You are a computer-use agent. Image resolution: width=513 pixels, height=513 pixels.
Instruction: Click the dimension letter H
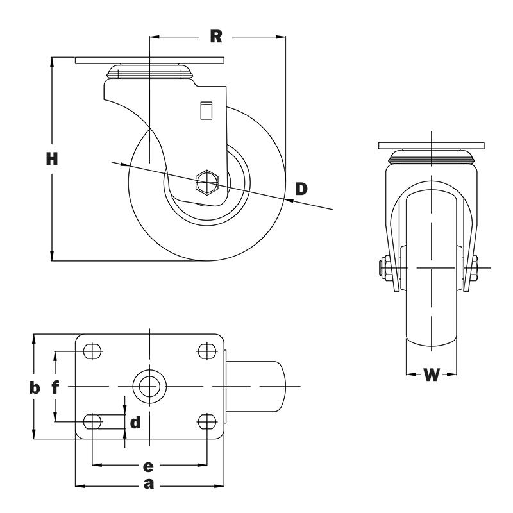coord(52,159)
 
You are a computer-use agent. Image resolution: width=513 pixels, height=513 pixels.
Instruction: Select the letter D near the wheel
coord(301,189)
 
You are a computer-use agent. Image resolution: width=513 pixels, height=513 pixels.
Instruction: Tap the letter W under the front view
coord(432,374)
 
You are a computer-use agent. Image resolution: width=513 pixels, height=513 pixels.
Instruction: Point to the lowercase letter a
coord(149,484)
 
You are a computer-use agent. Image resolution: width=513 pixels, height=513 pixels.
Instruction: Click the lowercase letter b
coord(35,387)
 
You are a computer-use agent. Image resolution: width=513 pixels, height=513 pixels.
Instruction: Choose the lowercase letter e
coord(148,465)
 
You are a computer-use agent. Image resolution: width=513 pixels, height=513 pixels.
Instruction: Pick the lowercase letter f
coord(56,387)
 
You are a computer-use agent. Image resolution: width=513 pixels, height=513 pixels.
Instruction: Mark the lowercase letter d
coord(135,423)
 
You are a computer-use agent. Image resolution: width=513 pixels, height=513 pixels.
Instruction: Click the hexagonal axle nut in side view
coord(206,183)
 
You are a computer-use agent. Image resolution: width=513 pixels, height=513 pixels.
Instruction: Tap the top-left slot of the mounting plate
coord(93,351)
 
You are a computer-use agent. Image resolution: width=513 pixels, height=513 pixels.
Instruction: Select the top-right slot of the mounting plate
coord(206,351)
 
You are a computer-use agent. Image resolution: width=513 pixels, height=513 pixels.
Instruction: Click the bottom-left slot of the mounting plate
coord(93,421)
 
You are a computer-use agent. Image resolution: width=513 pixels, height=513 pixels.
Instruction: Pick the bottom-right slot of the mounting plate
coord(206,421)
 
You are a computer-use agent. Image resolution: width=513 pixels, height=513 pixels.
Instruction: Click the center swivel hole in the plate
coord(148,387)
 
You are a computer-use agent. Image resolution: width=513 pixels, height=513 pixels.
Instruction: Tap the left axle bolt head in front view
coord(383,267)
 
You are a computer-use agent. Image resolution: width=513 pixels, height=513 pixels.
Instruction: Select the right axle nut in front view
coord(475,267)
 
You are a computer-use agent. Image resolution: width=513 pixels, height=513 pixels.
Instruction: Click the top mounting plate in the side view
coord(149,61)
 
